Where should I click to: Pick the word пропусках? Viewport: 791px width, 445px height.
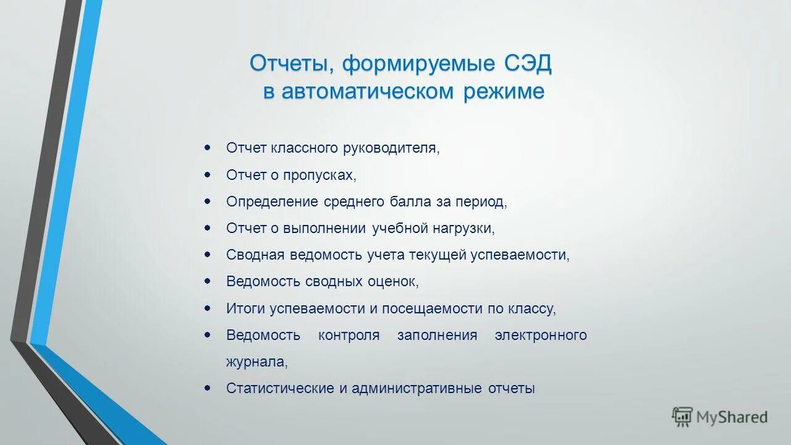tap(319, 175)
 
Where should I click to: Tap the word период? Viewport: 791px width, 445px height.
tap(481, 201)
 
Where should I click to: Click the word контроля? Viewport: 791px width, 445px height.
tap(349, 335)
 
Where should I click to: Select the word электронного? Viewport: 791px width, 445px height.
tap(541, 335)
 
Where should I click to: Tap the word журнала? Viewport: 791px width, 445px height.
tap(256, 362)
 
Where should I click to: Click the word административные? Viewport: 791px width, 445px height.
tap(417, 388)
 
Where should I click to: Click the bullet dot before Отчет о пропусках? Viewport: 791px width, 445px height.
tap(208, 175)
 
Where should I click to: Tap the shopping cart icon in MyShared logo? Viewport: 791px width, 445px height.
tap(682, 417)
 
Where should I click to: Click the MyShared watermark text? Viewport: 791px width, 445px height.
tap(732, 417)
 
